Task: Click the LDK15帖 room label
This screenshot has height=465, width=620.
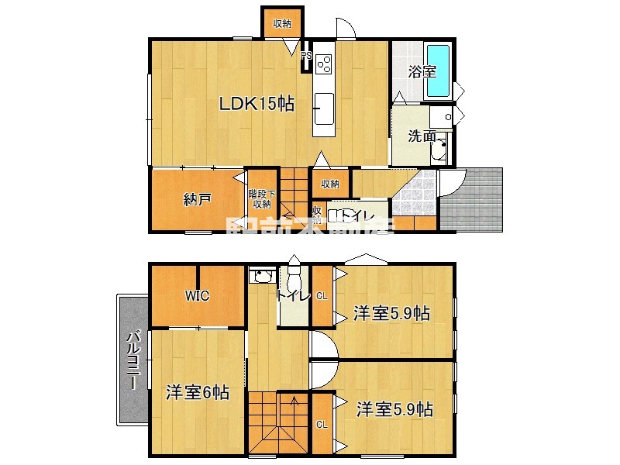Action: (257, 104)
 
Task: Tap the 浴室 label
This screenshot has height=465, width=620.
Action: (422, 72)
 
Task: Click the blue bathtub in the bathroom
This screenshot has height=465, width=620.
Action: (439, 71)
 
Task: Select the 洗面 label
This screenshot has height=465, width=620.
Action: (422, 136)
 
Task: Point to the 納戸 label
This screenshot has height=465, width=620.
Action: (198, 199)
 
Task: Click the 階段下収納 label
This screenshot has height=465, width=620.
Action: (260, 199)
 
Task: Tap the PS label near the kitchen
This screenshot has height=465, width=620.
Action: (306, 56)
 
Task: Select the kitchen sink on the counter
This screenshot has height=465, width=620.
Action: (324, 103)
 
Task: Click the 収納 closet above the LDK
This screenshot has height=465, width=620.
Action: (282, 24)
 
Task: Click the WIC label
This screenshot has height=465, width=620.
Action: (198, 295)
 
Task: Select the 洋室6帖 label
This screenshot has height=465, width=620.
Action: (197, 392)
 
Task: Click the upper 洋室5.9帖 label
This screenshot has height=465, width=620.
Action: (391, 313)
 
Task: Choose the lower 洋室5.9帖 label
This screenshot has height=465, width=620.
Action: (394, 409)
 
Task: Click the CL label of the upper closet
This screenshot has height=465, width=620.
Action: (322, 296)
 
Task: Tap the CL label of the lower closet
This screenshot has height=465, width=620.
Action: (322, 423)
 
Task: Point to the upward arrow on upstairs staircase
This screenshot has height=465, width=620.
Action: (294, 401)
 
